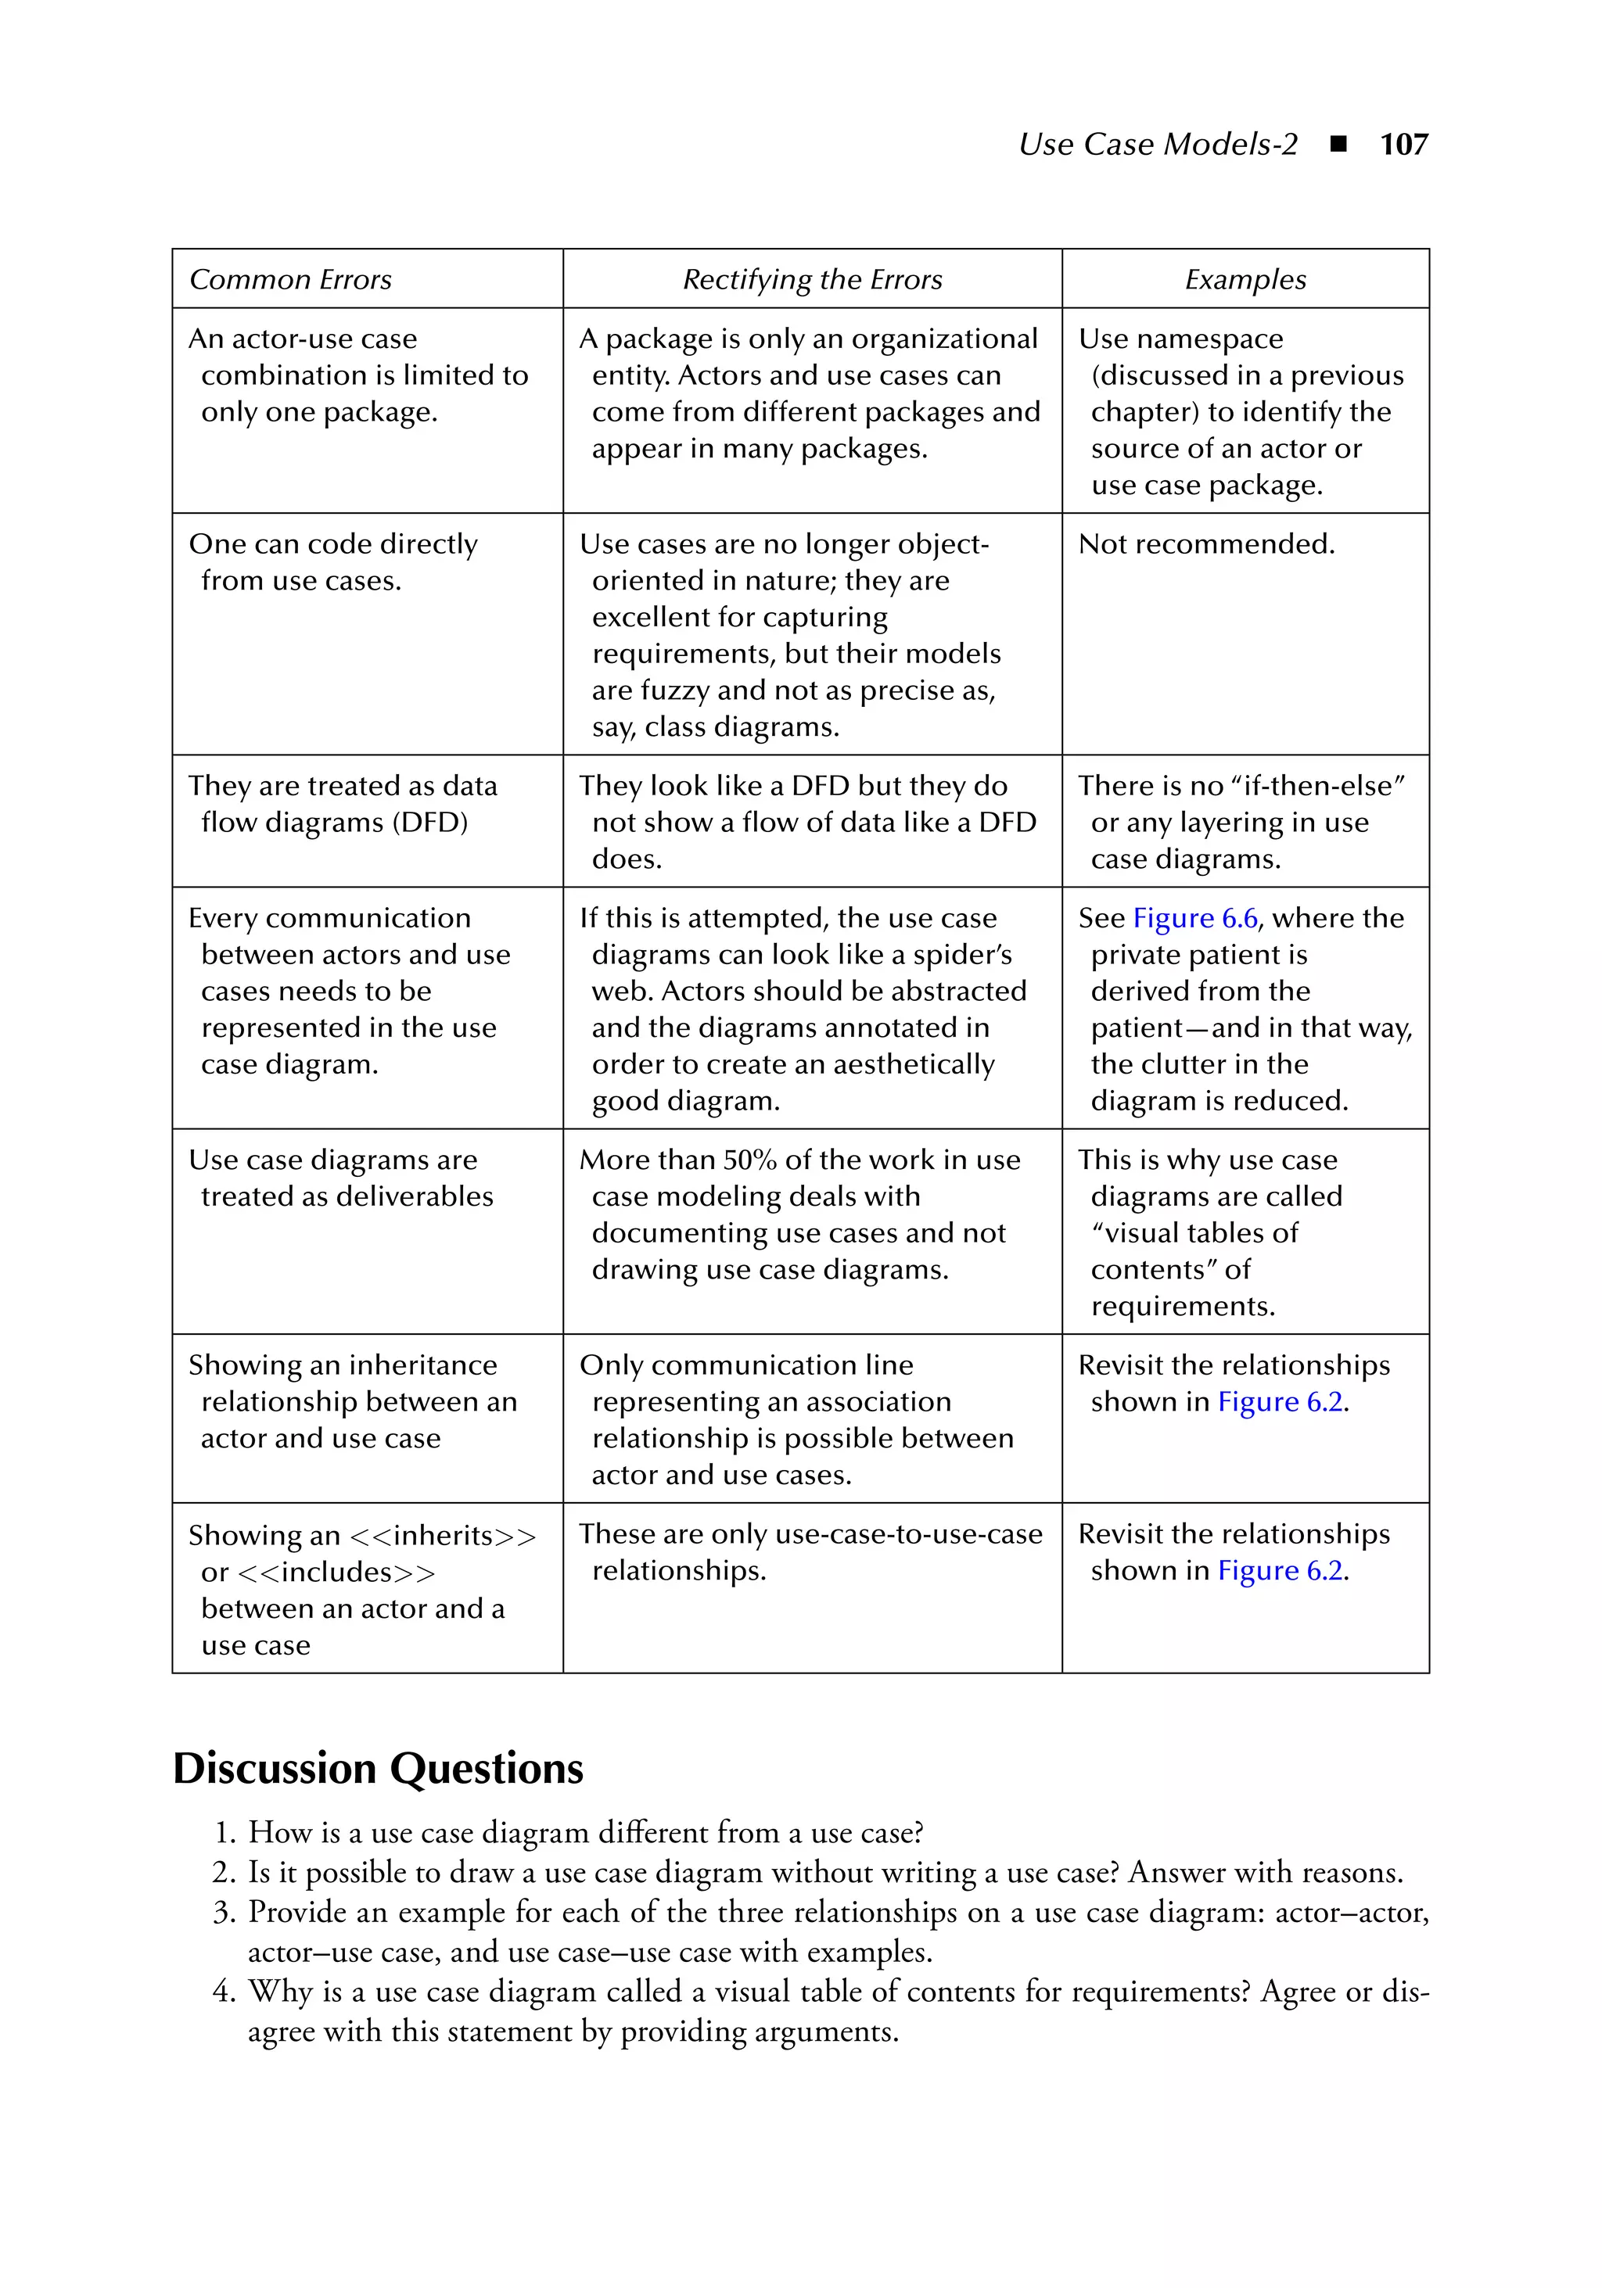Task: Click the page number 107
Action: (1403, 145)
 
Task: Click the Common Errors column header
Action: (290, 280)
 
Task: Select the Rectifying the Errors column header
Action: (811, 280)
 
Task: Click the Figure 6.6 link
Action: (1194, 918)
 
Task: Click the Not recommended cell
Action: (1205, 544)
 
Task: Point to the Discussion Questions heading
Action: (378, 1769)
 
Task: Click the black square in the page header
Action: (1339, 145)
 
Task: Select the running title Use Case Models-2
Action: (1158, 145)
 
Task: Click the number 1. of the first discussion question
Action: (225, 1834)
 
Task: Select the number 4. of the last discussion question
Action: (224, 1992)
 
